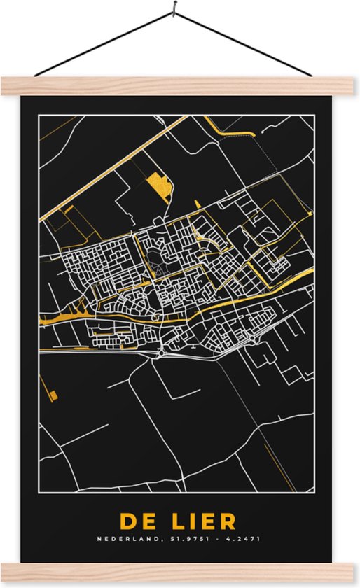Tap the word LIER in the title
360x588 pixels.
[201, 521]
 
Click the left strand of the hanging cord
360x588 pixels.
[105, 43]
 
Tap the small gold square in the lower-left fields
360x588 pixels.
[55, 395]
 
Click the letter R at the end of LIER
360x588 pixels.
[228, 521]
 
